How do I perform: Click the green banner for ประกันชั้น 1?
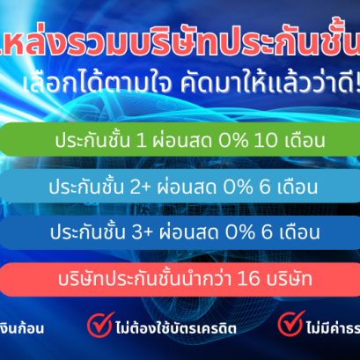pos(180,141)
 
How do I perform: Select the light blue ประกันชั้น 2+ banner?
pos(180,187)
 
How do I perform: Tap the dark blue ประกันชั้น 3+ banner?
pos(180,233)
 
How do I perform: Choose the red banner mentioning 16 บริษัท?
pos(180,279)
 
